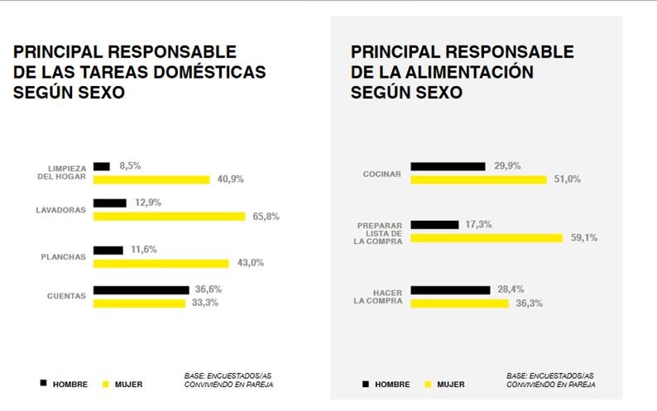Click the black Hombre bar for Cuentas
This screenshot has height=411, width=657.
141,289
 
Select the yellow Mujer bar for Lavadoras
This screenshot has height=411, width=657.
169,217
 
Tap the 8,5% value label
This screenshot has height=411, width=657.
130,165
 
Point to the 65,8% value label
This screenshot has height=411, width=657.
266,217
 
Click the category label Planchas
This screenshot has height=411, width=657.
64,256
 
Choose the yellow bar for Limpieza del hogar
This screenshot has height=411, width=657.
151,179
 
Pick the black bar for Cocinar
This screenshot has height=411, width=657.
448,166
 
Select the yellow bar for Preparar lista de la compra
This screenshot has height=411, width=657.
487,238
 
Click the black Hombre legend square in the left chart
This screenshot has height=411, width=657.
43,383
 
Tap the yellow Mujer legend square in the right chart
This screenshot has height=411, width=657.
428,384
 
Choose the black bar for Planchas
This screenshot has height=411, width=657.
108,250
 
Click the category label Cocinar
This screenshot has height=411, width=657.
382,174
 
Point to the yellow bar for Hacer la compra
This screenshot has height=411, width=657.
459,303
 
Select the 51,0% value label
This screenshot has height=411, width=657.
567,179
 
